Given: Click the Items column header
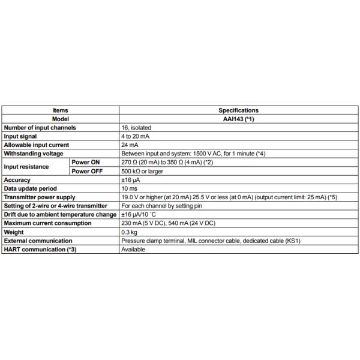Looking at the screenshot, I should pyautogui.click(x=61, y=110).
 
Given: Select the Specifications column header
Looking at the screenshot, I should pyautogui.click(x=238, y=110).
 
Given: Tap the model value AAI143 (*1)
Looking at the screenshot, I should pyautogui.click(x=238, y=119).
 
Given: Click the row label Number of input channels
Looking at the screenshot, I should pyautogui.click(x=39, y=128).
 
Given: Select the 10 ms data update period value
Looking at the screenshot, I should pyautogui.click(x=130, y=188).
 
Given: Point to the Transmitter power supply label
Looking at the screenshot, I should pyautogui.click(x=40, y=197).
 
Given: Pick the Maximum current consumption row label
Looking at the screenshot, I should pyautogui.click(x=48, y=223).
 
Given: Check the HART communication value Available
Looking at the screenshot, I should pyautogui.click(x=133, y=249).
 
